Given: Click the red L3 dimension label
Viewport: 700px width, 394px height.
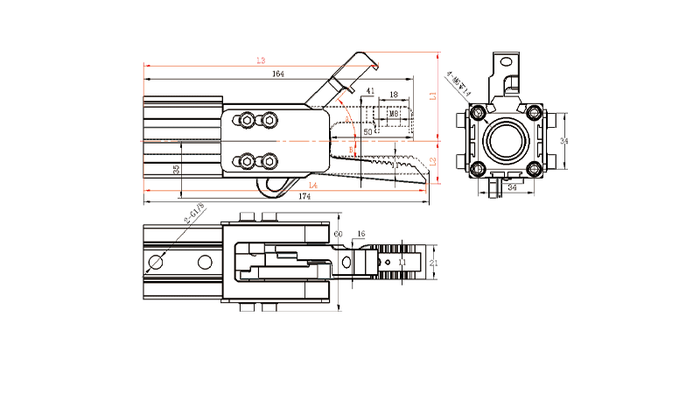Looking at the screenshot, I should coord(260,60).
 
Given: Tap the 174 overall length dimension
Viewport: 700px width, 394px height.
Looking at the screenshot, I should coord(304,197).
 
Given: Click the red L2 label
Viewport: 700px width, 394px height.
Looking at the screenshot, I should coord(431,161).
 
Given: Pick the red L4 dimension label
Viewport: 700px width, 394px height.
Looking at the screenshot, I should coord(312,186).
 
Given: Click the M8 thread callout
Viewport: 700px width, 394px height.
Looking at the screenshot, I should coord(394,114).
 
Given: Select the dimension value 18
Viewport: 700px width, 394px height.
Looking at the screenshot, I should coord(394,95).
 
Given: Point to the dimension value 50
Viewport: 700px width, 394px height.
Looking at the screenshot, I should coord(367,131).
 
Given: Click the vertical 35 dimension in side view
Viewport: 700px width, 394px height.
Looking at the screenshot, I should coord(177,169).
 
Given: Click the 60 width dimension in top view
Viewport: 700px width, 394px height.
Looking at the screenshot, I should coord(339,234).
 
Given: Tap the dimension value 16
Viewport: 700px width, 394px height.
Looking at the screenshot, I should coord(361,235).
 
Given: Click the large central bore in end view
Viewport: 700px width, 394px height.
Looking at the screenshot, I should coord(507,140).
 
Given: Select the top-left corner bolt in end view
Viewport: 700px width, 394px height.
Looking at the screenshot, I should coord(478,114).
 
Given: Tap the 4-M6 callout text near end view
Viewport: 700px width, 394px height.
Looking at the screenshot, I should coord(458,83).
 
